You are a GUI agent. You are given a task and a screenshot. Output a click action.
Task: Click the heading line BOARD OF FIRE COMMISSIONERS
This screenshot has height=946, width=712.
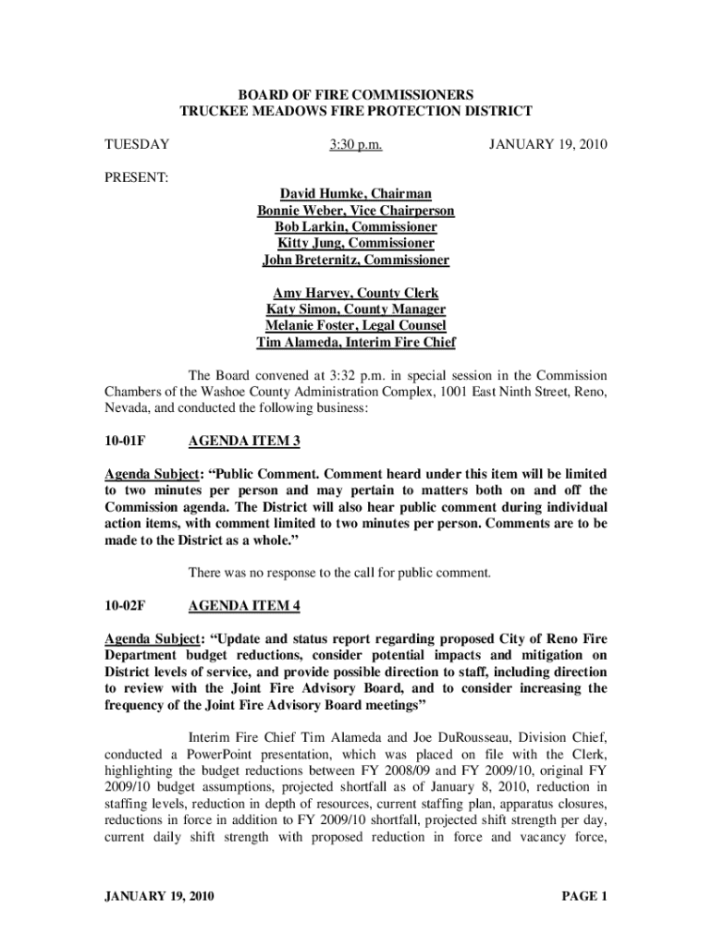point(356,95)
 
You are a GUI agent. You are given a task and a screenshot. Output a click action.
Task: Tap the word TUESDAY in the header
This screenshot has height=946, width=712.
point(136,145)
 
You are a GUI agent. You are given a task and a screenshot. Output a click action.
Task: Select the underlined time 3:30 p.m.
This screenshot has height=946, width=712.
point(356,145)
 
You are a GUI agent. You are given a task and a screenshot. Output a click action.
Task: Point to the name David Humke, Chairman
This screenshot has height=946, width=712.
point(356,193)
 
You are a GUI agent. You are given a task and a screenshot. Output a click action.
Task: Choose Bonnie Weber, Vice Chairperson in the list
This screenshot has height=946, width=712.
point(356,210)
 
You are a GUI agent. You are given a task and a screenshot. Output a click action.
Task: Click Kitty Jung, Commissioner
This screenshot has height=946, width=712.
point(356,243)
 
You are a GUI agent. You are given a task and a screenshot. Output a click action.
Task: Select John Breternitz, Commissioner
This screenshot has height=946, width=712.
point(356,260)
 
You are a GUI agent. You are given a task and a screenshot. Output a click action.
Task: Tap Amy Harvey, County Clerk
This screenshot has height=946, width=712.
point(356,293)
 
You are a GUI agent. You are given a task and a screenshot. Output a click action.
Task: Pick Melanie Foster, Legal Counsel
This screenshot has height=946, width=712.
point(356,326)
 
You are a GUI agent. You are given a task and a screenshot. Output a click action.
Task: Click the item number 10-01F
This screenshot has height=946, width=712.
point(125,442)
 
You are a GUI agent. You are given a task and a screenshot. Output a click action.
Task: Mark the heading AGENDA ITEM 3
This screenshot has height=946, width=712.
point(244,442)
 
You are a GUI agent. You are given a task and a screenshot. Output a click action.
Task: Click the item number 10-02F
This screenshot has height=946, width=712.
point(125,606)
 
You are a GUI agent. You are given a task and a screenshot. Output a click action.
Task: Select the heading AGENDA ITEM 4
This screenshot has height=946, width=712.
point(244,606)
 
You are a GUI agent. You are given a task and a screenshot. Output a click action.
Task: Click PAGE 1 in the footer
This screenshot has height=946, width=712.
point(583,895)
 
